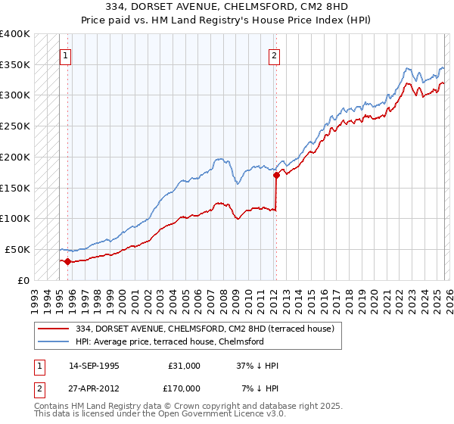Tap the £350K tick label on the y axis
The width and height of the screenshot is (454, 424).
[x=15, y=64]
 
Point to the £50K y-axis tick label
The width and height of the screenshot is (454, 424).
[x=17, y=249]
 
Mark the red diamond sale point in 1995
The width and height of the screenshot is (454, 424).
[x=67, y=262]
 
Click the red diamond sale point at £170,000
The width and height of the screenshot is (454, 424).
[x=276, y=176]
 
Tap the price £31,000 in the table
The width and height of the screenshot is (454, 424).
[x=184, y=366]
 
